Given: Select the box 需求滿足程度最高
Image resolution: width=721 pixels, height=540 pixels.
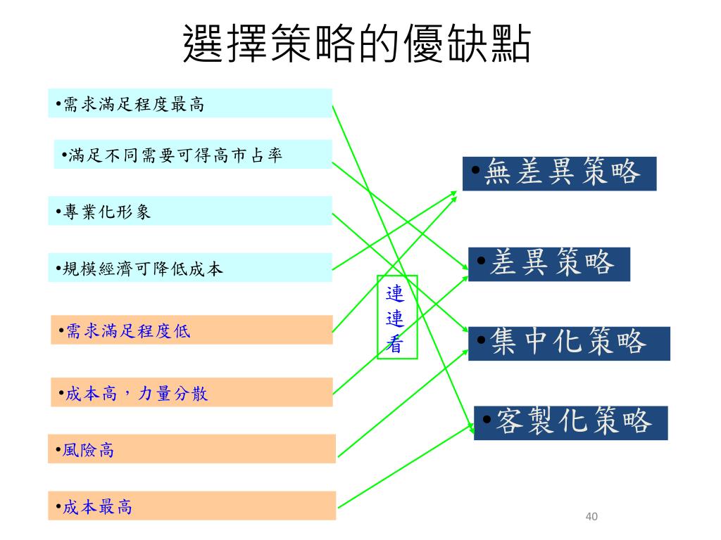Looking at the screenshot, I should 190,103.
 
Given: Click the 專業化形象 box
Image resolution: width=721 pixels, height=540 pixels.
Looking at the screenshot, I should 190,211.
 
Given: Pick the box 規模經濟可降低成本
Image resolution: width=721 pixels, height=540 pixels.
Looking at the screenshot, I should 190,268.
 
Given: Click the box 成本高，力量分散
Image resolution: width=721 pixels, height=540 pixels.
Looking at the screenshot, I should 192,392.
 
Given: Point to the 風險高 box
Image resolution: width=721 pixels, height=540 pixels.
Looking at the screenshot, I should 192,449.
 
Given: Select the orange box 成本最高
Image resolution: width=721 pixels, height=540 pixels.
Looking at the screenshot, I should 192,506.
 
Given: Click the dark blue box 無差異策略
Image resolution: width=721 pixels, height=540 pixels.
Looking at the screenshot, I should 559,174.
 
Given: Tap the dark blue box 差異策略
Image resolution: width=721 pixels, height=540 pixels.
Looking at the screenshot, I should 548,264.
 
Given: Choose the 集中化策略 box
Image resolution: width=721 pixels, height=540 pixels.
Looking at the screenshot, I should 569,343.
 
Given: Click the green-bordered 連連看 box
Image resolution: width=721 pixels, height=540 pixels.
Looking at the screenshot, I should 397,316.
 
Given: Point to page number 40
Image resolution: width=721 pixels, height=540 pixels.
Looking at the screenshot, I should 591,517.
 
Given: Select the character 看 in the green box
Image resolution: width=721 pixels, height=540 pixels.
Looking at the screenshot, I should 396,345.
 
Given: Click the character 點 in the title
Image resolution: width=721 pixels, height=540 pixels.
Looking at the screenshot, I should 506,44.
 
